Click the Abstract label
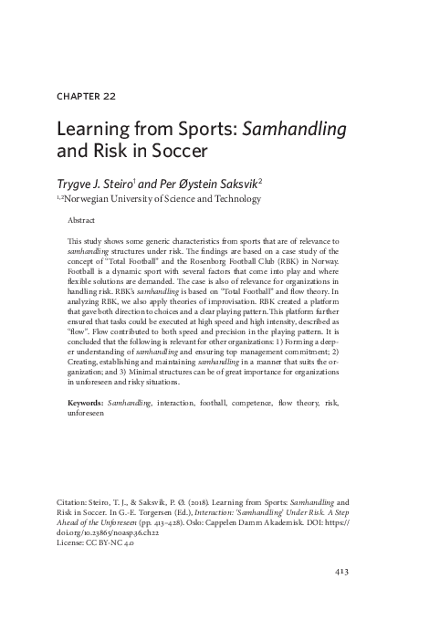tap(82, 221)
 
